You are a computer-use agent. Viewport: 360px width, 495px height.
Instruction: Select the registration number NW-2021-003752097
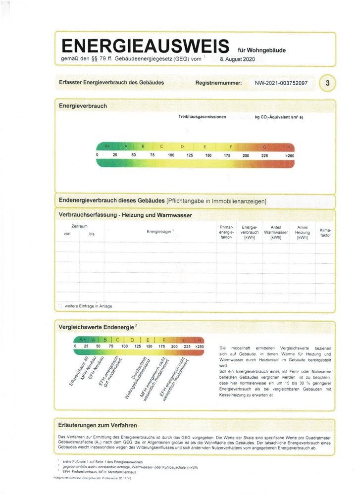pyautogui.click(x=281, y=83)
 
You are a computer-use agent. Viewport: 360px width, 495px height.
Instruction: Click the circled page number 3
pyautogui.click(x=327, y=83)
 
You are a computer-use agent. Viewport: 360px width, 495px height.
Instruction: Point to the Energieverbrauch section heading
pyautogui.click(x=83, y=106)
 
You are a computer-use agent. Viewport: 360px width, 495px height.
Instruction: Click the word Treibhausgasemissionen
pyautogui.click(x=202, y=117)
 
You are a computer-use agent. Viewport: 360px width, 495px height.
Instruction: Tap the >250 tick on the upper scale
pyautogui.click(x=290, y=155)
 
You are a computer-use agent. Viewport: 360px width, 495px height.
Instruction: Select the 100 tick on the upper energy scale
pyautogui.click(x=171, y=155)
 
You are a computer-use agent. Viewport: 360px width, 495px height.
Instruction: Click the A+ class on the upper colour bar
pyautogui.click(x=108, y=147)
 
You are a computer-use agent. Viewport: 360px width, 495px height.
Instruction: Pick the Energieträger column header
pyautogui.click(x=160, y=232)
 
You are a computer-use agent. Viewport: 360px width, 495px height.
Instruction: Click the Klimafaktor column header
pyautogui.click(x=325, y=233)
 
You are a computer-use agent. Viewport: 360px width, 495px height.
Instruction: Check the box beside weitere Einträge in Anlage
pyautogui.click(x=60, y=306)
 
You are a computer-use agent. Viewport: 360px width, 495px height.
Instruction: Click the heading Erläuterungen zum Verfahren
pyautogui.click(x=98, y=425)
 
